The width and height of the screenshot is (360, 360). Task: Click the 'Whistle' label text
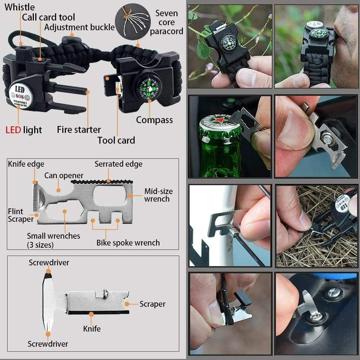[20, 7]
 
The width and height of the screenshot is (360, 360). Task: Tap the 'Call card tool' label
[49, 17]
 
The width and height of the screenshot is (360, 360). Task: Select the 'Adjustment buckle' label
[80, 27]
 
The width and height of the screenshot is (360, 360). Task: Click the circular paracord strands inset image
[132, 20]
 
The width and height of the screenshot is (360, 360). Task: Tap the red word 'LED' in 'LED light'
[13, 130]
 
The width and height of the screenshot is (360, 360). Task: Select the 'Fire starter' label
[79, 130]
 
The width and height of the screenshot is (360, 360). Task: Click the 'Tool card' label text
[116, 140]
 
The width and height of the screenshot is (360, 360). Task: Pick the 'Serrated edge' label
[118, 164]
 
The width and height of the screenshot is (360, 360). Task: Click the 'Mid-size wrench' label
[158, 195]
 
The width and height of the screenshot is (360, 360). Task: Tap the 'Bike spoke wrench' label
[128, 243]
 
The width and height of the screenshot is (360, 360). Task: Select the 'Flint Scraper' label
[21, 215]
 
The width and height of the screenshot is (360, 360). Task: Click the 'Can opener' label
[64, 176]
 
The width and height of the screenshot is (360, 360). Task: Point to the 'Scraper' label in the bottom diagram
[152, 304]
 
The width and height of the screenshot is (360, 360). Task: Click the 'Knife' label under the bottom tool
[92, 329]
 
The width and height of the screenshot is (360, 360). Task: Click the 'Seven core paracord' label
[166, 22]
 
